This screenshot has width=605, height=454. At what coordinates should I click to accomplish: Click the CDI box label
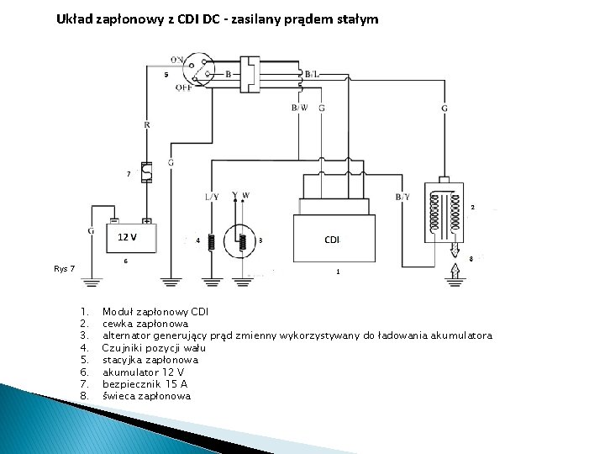click(332, 240)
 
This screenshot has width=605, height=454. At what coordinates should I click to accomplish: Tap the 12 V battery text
click(127, 235)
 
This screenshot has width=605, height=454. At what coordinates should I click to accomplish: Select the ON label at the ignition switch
click(178, 60)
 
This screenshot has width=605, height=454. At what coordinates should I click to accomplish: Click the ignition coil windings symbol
click(446, 210)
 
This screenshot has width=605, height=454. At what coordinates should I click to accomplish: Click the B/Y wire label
click(402, 196)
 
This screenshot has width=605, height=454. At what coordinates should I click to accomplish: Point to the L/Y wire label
click(212, 196)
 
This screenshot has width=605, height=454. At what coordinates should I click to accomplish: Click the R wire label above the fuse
click(147, 124)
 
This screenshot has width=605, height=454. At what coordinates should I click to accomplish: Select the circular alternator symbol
click(243, 240)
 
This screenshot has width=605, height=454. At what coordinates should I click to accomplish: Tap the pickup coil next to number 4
click(212, 240)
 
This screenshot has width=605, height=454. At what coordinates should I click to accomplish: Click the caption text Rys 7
click(64, 269)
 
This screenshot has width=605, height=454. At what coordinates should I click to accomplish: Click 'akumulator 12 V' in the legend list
click(144, 372)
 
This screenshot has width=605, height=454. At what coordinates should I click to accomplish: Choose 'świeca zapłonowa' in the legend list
click(146, 395)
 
